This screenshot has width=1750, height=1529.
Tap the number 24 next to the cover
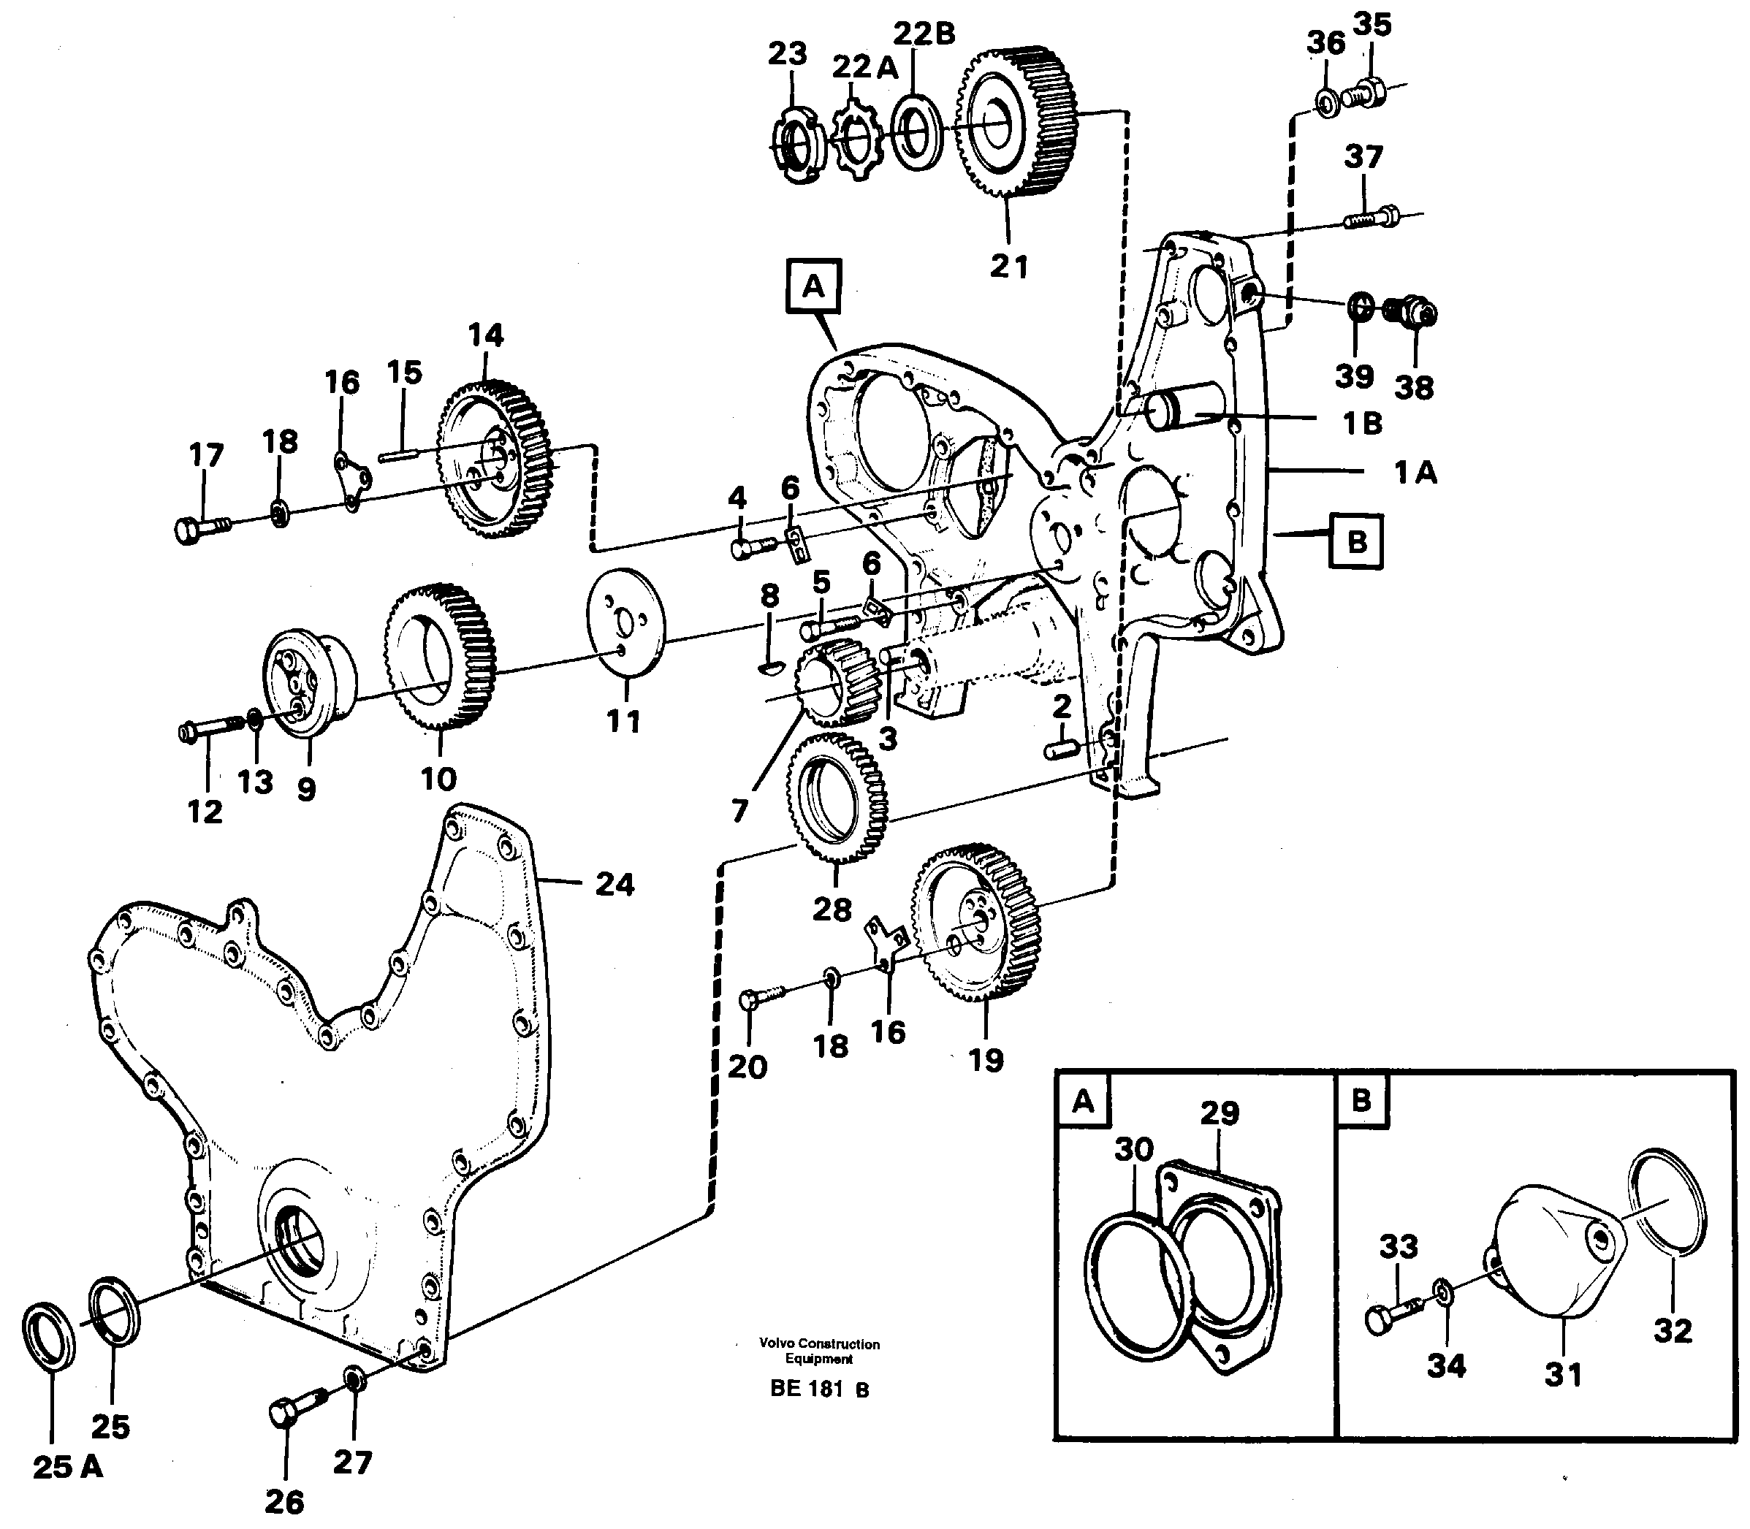[615, 885]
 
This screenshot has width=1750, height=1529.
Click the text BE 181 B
[818, 1388]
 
